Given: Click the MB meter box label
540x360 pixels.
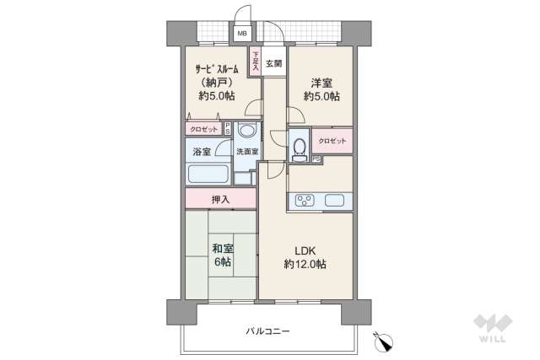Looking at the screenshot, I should tap(242, 34).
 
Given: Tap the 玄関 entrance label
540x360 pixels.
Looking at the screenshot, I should tap(273, 64).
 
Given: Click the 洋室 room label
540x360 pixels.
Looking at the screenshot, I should tap(321, 83).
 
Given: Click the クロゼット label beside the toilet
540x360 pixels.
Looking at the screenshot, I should tap(332, 140).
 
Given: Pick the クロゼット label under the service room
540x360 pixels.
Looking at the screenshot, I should tap(204, 129).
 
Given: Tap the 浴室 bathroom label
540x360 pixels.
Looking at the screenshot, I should tap(201, 153).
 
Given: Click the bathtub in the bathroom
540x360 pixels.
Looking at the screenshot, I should tap(208, 175).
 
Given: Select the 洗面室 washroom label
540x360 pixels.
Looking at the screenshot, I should tap(246, 153).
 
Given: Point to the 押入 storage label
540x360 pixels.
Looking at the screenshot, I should tap(220, 199).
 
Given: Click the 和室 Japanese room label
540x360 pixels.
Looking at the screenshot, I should tap(223, 250).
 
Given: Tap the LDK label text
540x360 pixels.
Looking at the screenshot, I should tap(305, 250).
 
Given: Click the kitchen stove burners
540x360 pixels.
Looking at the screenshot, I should tap(305, 201).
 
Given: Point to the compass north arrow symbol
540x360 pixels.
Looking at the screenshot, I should tap(384, 342).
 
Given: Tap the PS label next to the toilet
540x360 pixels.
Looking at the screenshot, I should tap(316, 159).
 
